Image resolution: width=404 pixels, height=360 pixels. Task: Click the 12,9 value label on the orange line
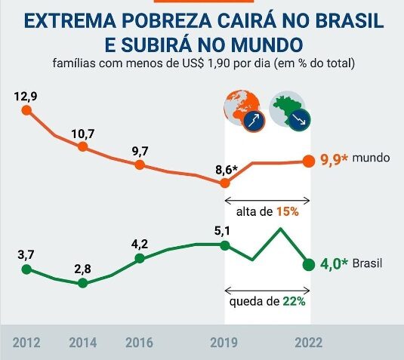pyautogui.click(x=26, y=97)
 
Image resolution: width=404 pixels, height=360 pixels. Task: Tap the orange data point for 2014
pyautogui.click(x=82, y=147)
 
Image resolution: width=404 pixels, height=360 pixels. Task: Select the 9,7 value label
pyautogui.click(x=140, y=151)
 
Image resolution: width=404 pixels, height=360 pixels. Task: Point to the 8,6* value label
pyautogui.click(x=226, y=169)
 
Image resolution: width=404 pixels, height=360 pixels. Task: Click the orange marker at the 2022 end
pyautogui.click(x=308, y=161)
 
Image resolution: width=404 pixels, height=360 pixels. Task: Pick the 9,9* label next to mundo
pyautogui.click(x=334, y=159)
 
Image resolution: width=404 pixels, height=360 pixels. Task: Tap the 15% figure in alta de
pyautogui.click(x=287, y=212)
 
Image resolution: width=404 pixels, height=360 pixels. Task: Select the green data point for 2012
pyautogui.click(x=26, y=269)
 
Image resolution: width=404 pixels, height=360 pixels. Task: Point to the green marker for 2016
pyautogui.click(x=140, y=259)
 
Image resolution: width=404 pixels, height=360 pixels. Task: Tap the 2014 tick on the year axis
pyautogui.click(x=82, y=343)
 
